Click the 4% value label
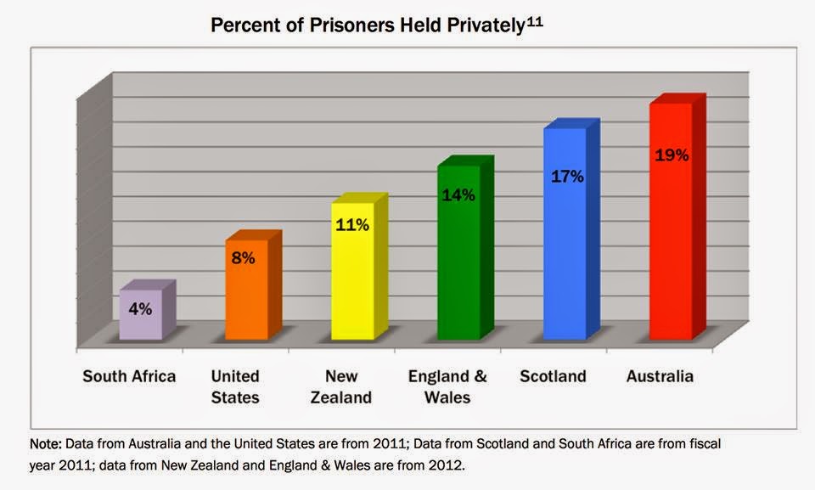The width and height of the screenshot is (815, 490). [x=140, y=309]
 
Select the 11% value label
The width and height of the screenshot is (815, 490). [x=351, y=225]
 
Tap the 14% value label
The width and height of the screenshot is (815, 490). [x=458, y=194]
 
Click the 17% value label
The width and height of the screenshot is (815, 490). [x=566, y=177]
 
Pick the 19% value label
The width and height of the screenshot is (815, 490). [x=672, y=155]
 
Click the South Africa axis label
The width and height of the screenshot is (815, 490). [x=129, y=376]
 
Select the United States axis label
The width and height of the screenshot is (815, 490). [x=235, y=386]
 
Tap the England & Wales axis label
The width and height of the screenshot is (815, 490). [x=447, y=386]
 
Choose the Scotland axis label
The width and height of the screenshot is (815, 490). [x=553, y=376]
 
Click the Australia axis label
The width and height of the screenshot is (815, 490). [x=660, y=376]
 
